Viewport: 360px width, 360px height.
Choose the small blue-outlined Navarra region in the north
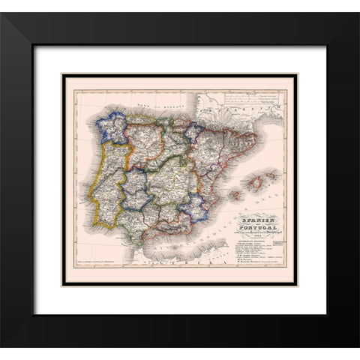point(193,131)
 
